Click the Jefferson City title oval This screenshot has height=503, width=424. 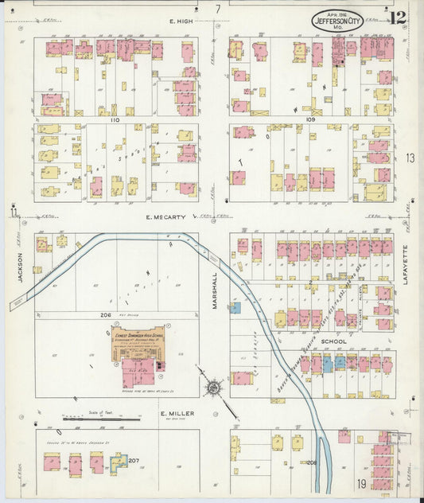tap(337, 21)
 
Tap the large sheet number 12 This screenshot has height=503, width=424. tap(399, 17)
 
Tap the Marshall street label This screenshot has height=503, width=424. tap(215, 286)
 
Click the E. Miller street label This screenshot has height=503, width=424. tap(173, 414)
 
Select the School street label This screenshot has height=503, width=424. tap(334, 341)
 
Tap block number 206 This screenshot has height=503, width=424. tap(106, 315)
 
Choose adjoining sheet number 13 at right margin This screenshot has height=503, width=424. tap(410, 158)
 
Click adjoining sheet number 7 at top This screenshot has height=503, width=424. tap(217, 9)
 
